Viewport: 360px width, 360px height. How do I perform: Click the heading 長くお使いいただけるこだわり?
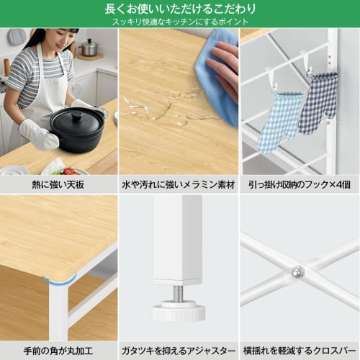coord(179,9)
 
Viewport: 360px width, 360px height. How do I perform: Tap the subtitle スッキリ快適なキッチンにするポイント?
coord(179,22)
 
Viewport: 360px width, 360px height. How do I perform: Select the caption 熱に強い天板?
coord(58,184)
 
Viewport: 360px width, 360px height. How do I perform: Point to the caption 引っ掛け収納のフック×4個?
coord(300,184)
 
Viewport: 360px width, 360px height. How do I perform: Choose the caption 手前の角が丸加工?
coord(58,350)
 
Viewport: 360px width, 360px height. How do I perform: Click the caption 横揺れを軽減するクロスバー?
coord(300,350)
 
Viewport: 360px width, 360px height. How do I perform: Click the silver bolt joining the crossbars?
coord(297,271)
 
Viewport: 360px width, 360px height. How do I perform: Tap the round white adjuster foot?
coord(178,310)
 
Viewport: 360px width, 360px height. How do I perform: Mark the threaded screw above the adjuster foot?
coord(178,294)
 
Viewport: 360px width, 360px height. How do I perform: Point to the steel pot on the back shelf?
coord(89,48)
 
